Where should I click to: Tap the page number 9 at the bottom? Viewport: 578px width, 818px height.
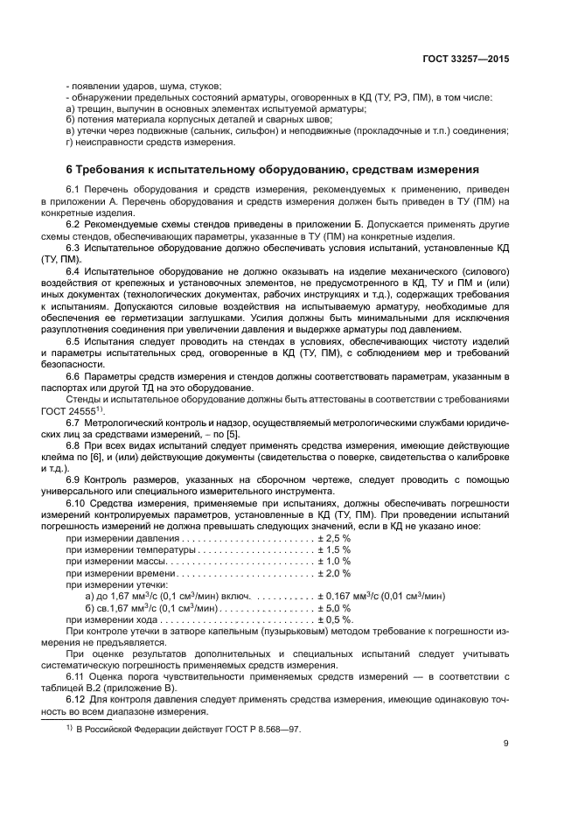click(x=506, y=744)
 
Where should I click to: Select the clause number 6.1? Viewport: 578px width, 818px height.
click(x=74, y=190)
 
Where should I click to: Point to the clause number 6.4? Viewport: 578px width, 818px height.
click(x=74, y=271)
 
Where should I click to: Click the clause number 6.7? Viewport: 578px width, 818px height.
click(x=74, y=423)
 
